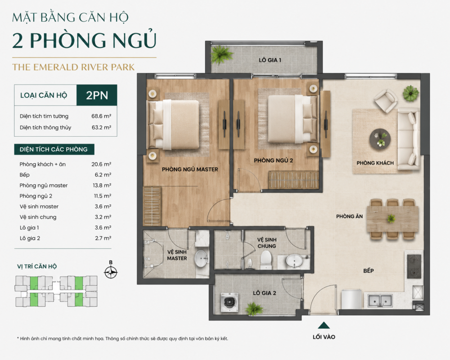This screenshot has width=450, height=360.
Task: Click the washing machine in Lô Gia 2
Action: click(229, 302)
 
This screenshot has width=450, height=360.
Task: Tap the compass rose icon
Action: click(111, 272)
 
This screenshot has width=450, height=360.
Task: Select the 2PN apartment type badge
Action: click(97, 95)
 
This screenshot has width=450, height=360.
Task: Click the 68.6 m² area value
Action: click(101, 116)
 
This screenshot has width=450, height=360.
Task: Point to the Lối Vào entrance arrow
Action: click(324, 325)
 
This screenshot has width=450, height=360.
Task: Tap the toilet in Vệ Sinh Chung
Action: click(265, 260)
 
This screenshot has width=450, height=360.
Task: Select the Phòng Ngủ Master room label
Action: click(190, 169)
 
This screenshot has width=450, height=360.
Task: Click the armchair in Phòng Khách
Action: click(386, 100)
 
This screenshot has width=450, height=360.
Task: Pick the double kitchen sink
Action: click(380, 301)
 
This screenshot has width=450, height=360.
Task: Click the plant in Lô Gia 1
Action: click(221, 54)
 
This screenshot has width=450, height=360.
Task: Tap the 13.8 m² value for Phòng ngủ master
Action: click(102, 185)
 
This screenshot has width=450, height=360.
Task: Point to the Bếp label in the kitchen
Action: click(369, 271)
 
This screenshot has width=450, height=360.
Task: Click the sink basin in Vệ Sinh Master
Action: click(201, 257)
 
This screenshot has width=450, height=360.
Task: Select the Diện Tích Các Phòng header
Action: click(54, 149)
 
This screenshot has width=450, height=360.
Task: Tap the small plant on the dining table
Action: click(391, 219)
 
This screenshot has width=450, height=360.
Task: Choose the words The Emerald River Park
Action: click(73, 67)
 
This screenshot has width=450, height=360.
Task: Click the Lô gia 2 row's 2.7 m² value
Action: click(103, 238)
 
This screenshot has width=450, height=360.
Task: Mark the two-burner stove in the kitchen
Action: click(414, 266)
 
